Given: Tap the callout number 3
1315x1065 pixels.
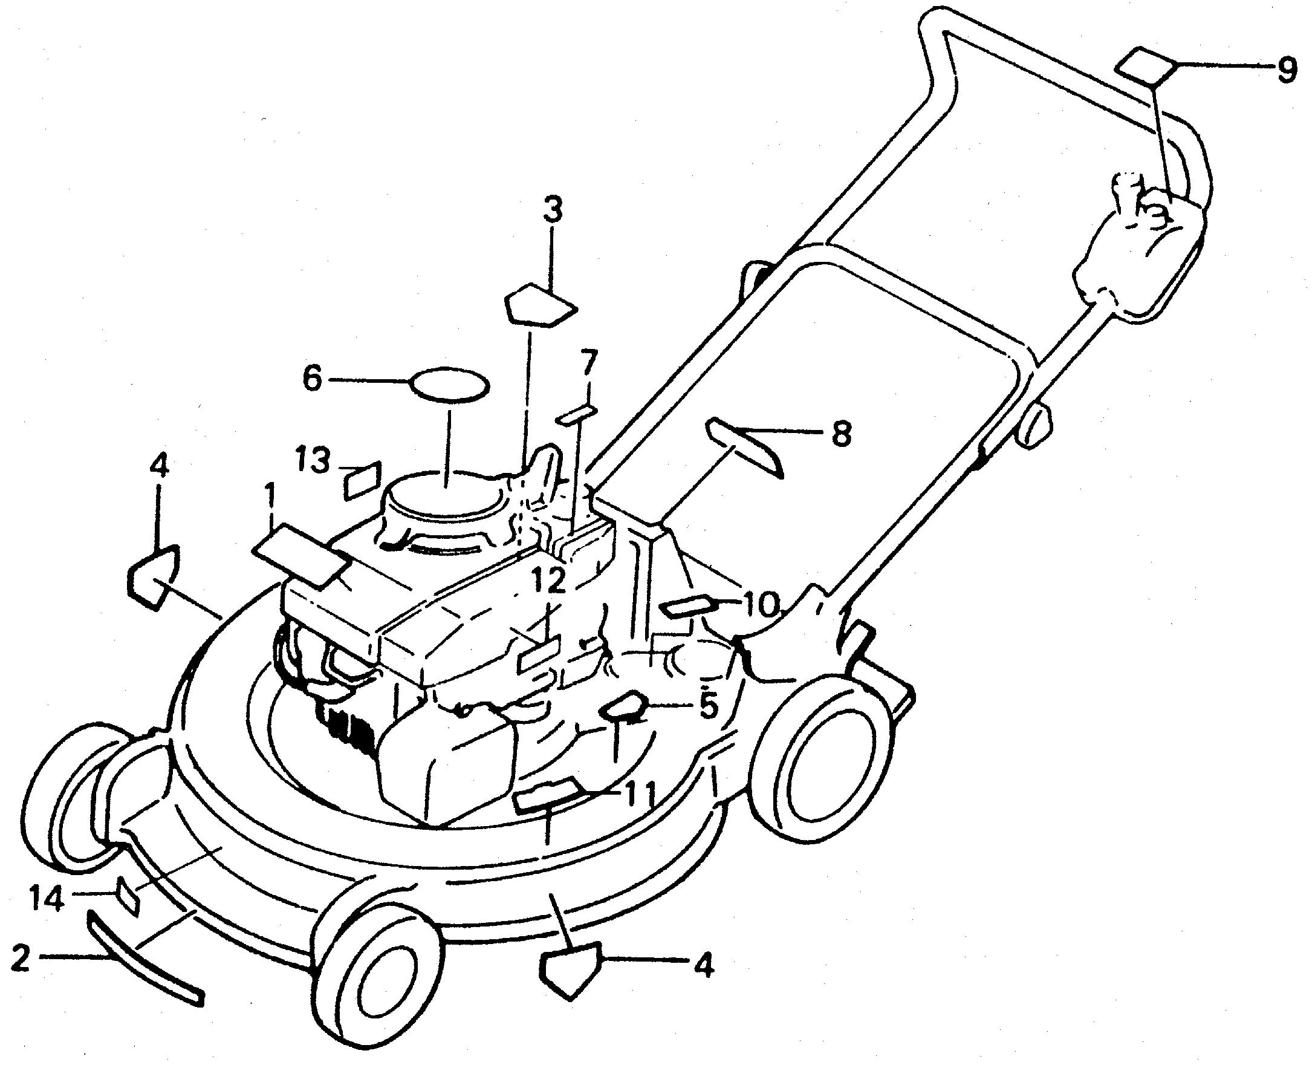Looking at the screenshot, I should coord(551,210).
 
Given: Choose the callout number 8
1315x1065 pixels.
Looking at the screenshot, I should coord(840,433).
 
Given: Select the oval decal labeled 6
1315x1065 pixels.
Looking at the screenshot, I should coord(451,384).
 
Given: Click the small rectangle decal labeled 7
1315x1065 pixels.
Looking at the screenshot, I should coord(577,414).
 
